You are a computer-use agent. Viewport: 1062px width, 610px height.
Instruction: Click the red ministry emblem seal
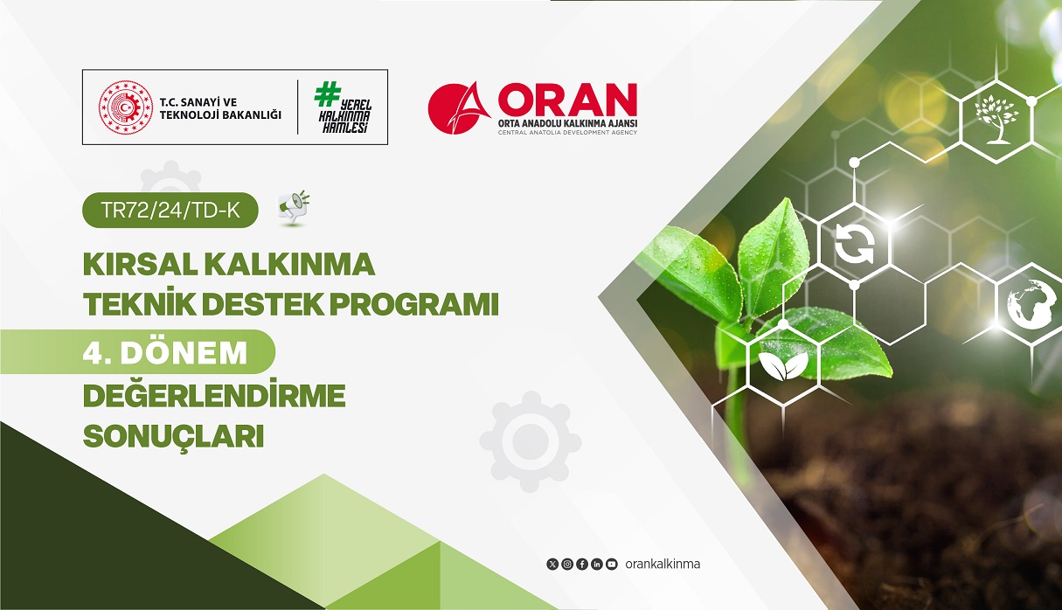(x=125, y=107)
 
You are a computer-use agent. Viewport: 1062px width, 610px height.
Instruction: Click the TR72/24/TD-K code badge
(x=170, y=210)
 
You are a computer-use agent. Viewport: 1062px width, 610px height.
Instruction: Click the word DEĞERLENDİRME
(x=214, y=396)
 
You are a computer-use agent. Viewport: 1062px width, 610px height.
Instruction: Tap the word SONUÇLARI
(x=173, y=436)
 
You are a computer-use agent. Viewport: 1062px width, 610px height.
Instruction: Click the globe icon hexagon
(x=1031, y=303)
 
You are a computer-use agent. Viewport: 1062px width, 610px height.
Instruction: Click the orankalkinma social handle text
(x=663, y=564)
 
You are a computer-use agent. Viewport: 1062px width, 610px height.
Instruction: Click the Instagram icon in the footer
(x=567, y=564)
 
